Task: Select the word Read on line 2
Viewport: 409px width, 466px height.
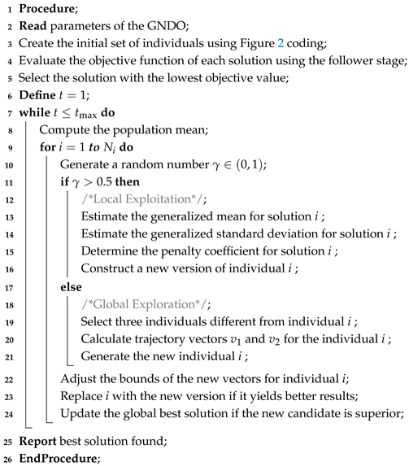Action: [33, 27]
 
